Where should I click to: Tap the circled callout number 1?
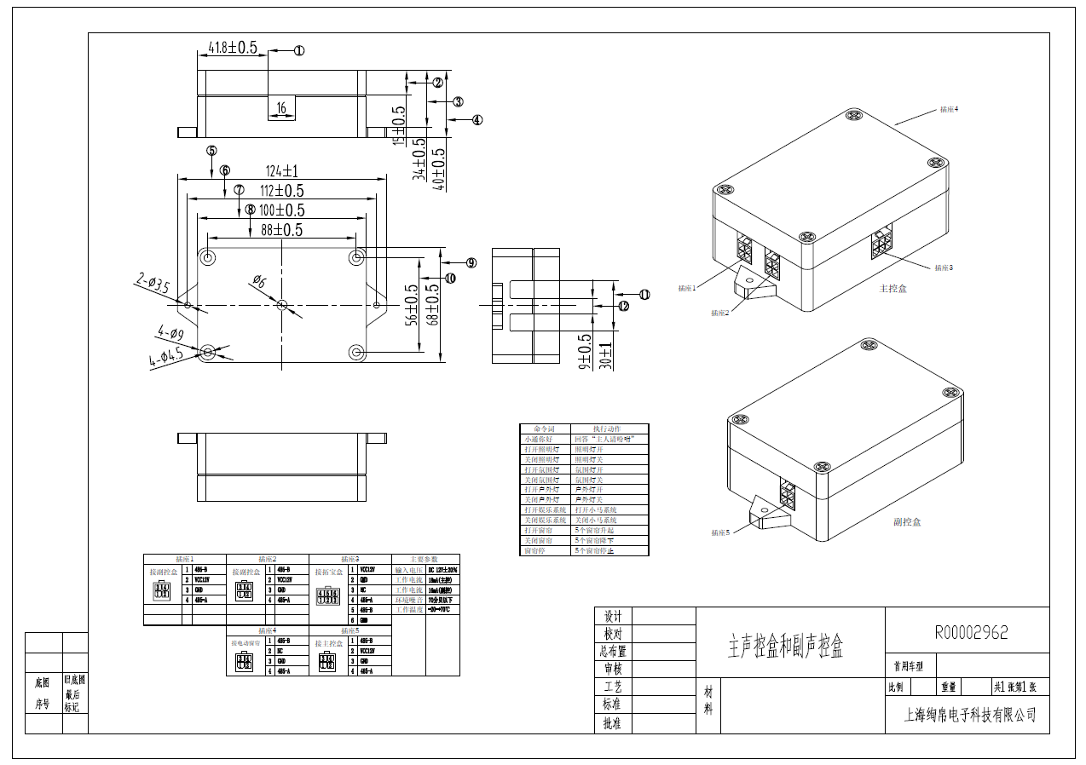click(x=299, y=50)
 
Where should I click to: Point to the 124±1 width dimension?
click(x=281, y=170)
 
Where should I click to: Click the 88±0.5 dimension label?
click(x=281, y=230)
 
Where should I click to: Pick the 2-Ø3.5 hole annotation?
click(x=153, y=283)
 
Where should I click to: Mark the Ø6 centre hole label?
click(x=259, y=282)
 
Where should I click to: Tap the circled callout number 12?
click(x=623, y=306)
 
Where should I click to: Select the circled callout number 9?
click(x=471, y=262)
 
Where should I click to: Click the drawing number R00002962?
click(x=971, y=632)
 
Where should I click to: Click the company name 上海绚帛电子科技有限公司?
click(x=970, y=715)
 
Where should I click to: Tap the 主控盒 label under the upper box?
click(x=893, y=289)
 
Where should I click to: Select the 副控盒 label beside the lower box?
click(x=907, y=521)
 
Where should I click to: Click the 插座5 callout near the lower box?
click(x=721, y=532)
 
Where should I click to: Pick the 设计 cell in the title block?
click(x=613, y=616)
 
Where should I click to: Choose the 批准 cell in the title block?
click(x=613, y=723)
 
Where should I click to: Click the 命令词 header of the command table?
click(x=544, y=429)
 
